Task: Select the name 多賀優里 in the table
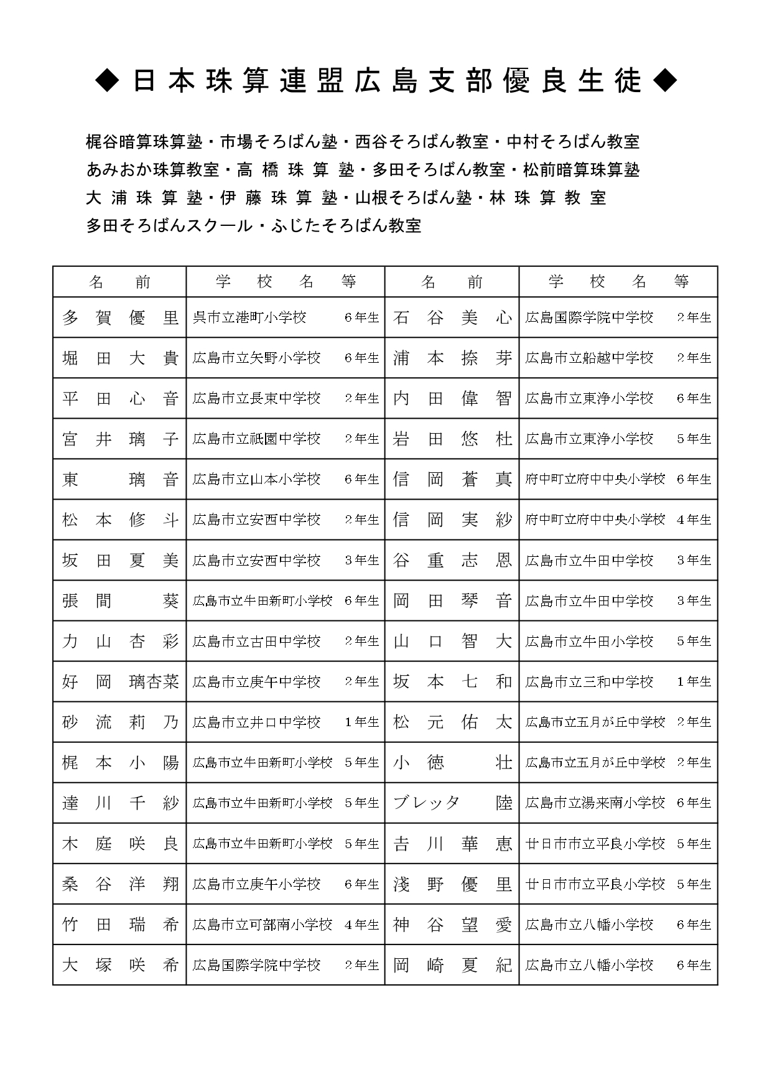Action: (x=120, y=318)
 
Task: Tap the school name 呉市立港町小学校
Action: (x=249, y=318)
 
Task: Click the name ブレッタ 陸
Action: (x=452, y=803)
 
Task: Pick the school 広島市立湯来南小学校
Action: (x=595, y=803)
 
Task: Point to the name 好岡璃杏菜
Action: (x=120, y=682)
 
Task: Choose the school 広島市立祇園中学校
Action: (x=256, y=439)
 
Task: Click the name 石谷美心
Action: (x=452, y=318)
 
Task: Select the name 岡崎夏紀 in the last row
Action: (x=452, y=965)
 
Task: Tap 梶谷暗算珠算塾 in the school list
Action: (x=144, y=142)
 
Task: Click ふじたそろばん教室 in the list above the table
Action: (x=346, y=225)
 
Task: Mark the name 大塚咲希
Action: (x=120, y=965)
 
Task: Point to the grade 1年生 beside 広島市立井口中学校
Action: (x=361, y=722)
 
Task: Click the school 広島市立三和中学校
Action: (x=589, y=682)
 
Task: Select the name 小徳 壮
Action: (x=452, y=762)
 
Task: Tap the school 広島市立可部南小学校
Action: (x=263, y=925)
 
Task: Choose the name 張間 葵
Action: (x=120, y=600)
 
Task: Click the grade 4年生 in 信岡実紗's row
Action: (x=694, y=520)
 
